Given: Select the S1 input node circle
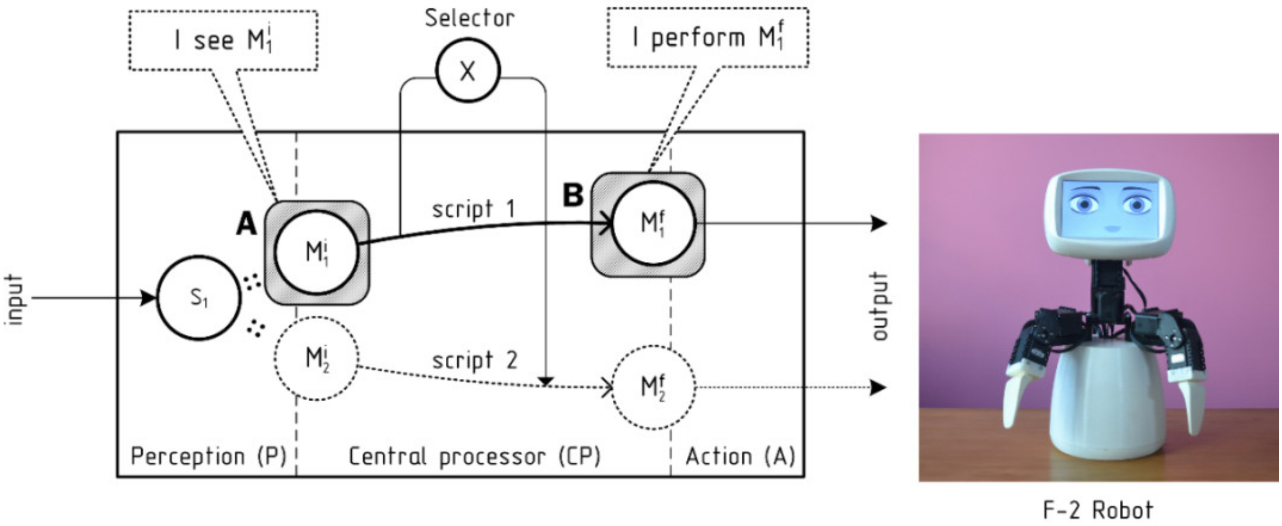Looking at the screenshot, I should click(x=199, y=298).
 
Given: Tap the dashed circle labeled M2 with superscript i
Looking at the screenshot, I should click(x=317, y=358).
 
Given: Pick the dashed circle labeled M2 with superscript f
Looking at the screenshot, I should click(x=653, y=387).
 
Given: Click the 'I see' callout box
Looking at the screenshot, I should click(x=223, y=40).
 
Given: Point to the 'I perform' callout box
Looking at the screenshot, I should click(x=707, y=37).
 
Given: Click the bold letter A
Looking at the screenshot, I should click(x=246, y=224).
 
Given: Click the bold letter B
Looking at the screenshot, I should click(x=573, y=195).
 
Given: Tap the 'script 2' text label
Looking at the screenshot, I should click(x=475, y=360).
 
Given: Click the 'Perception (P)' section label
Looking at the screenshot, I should click(x=208, y=456).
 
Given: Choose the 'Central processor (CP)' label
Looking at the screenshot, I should click(x=474, y=456).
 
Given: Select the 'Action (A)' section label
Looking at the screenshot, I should click(x=740, y=456).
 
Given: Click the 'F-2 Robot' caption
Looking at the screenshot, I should click(x=1098, y=509).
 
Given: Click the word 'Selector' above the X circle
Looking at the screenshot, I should click(x=469, y=18).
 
